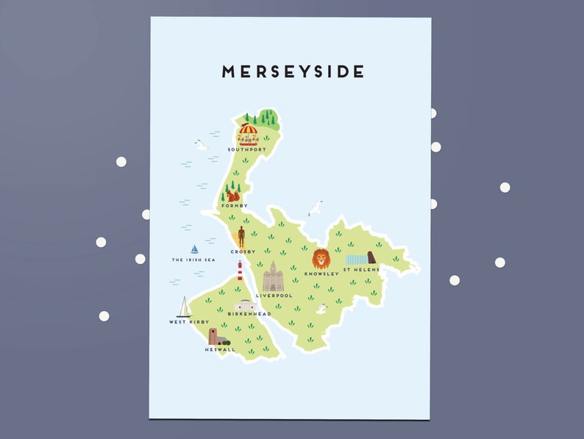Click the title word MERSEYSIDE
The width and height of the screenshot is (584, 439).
(293, 71)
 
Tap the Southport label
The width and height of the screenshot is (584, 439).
(247, 149)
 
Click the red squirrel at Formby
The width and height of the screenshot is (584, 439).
(232, 196)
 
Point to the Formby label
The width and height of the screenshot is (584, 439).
(235, 206)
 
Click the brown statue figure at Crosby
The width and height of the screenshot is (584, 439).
(241, 236)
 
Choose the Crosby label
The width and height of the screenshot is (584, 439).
(243, 251)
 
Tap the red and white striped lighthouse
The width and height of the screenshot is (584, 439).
(240, 272)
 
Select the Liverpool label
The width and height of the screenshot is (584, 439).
(274, 296)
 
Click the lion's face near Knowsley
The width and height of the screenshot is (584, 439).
(321, 259)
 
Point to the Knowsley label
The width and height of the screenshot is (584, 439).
(321, 274)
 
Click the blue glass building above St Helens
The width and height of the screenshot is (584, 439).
(357, 259)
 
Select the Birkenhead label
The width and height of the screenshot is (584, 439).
(244, 314)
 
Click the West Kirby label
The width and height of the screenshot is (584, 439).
(189, 322)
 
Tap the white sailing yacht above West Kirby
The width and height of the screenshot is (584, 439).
(183, 307)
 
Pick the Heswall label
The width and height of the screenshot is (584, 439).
(220, 349)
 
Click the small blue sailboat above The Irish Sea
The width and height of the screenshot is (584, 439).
(194, 249)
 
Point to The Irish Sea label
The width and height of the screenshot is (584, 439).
(193, 260)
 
